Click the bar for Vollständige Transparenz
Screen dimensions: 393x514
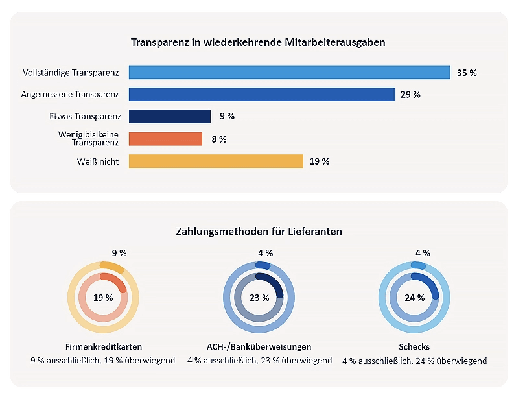point(289,73)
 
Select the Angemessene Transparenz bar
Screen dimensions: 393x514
point(261,95)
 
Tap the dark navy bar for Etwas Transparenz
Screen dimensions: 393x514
point(170,117)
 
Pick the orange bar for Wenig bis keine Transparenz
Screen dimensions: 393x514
point(165,139)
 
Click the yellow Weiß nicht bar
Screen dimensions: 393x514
point(216,161)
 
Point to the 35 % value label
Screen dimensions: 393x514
point(467,73)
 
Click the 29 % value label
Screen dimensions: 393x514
point(410,95)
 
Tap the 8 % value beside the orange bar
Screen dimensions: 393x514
point(218,139)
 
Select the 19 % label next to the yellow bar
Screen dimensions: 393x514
point(320,161)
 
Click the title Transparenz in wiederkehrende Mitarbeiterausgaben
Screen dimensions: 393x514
point(259,43)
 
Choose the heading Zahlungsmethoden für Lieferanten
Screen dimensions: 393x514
point(259,231)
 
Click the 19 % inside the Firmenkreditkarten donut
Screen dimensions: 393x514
point(104,298)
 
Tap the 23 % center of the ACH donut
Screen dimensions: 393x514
point(259,298)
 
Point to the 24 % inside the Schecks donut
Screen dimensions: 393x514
point(415,298)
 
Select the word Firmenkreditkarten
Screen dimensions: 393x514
point(104,347)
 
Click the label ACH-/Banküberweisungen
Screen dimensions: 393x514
point(259,347)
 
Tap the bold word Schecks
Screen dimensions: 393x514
point(415,347)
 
